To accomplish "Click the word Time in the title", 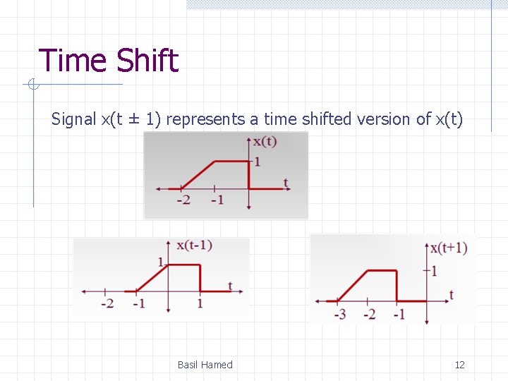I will click(72, 61).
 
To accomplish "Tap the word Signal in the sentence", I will click(73, 119).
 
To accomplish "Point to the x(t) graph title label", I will click(265, 141).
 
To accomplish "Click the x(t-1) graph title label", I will click(194, 246).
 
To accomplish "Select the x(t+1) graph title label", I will click(449, 248).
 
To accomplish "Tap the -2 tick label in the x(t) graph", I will click(183, 200).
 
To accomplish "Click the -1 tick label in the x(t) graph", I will click(217, 200).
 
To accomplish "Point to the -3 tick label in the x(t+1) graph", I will click(340, 314).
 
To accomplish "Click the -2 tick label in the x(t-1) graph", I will click(107, 304).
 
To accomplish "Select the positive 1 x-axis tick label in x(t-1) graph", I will click(200, 304).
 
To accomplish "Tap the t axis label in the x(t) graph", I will click(286, 183).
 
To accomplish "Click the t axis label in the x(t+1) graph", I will click(452, 294).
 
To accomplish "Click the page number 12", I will click(459, 365).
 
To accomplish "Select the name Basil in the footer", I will click(188, 365).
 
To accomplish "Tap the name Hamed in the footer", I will click(217, 365).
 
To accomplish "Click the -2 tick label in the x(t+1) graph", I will click(369, 314).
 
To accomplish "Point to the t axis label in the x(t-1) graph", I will click(230, 286).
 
